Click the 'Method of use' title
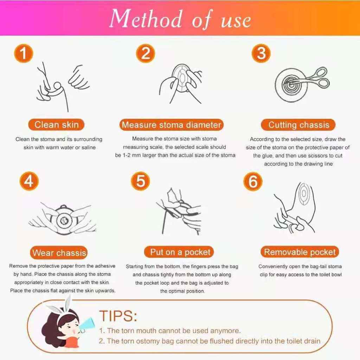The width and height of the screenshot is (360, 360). click(x=180, y=19)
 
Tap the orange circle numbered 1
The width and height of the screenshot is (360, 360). click(x=24, y=53)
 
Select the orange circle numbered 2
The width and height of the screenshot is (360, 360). click(x=146, y=53)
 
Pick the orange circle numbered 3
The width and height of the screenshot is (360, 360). click(x=261, y=53)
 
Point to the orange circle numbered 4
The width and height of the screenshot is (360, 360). click(x=29, y=181)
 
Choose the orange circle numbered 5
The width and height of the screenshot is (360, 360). click(x=141, y=181)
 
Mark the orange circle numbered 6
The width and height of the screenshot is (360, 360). click(x=253, y=181)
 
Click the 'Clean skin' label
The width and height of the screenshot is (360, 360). click(x=57, y=125)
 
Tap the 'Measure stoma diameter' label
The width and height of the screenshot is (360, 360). click(x=172, y=125)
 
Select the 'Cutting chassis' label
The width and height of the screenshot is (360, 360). click(x=298, y=125)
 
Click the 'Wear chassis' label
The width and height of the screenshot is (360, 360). click(x=59, y=252)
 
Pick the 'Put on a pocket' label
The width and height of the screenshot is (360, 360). click(x=179, y=252)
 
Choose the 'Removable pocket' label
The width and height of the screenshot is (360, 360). click(x=300, y=252)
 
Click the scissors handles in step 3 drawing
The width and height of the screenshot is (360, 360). click(x=321, y=77)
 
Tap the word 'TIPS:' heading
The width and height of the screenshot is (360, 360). click(x=118, y=316)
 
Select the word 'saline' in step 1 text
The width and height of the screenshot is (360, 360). click(x=89, y=147)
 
